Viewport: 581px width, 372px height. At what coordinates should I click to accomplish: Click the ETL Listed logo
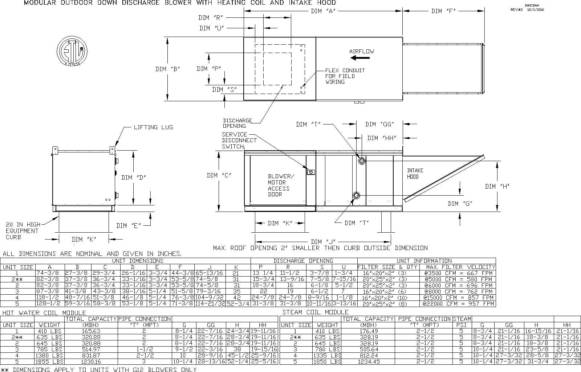point(72,52)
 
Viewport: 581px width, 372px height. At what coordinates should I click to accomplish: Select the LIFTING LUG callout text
point(153,127)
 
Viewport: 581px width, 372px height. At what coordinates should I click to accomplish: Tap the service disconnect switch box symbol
point(311,172)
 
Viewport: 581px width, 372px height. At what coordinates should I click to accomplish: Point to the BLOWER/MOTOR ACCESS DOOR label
point(279,185)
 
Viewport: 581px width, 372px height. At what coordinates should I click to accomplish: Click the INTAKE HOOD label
point(415,173)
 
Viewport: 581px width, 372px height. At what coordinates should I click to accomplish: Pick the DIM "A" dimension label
point(322,11)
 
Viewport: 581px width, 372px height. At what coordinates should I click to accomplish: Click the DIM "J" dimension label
point(323,242)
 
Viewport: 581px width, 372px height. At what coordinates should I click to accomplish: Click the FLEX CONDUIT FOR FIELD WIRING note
point(345,76)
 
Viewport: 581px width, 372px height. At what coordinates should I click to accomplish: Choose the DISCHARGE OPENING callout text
point(237,123)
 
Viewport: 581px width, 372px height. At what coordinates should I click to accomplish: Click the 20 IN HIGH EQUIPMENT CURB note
point(22,231)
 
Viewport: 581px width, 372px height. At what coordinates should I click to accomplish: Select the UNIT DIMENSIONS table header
point(138,261)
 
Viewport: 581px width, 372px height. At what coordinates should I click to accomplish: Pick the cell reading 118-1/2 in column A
point(50,298)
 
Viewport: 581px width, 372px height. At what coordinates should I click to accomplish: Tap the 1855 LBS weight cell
point(49,362)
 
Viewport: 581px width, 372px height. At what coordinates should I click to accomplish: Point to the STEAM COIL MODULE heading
point(315,312)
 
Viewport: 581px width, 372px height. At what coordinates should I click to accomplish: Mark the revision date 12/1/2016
point(536,10)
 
